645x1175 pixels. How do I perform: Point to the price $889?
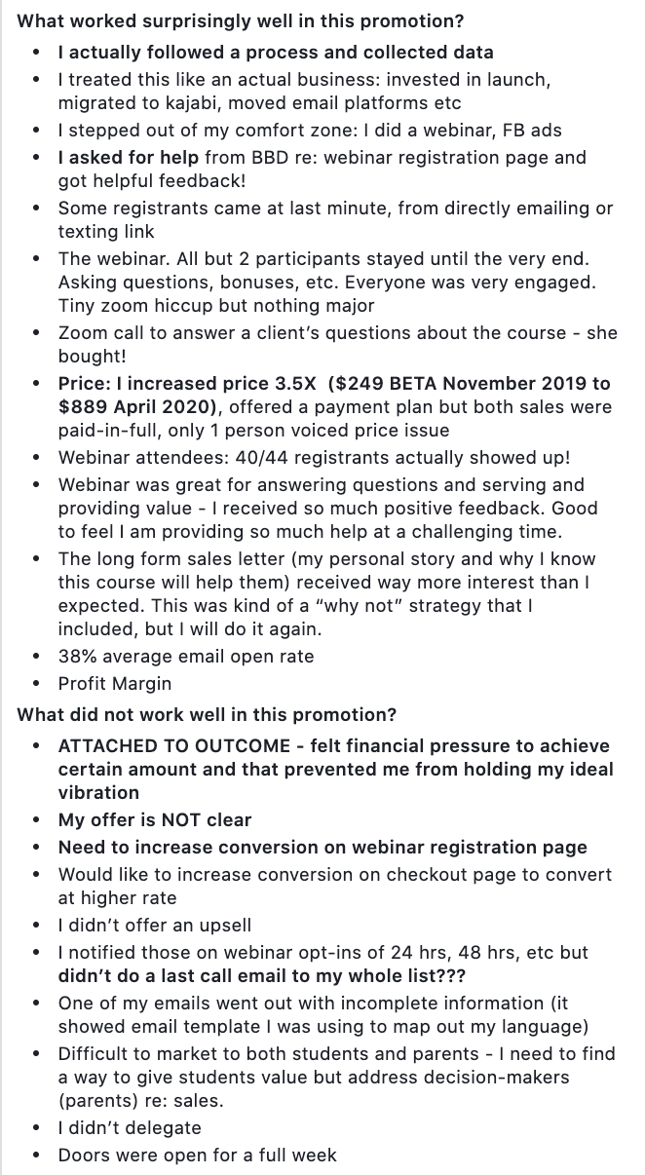click(x=80, y=406)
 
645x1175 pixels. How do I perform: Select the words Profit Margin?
click(x=115, y=683)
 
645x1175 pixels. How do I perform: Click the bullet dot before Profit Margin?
click(x=36, y=683)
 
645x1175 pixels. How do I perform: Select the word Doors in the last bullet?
click(x=82, y=1155)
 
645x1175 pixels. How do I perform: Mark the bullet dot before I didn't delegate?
click(x=36, y=1127)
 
